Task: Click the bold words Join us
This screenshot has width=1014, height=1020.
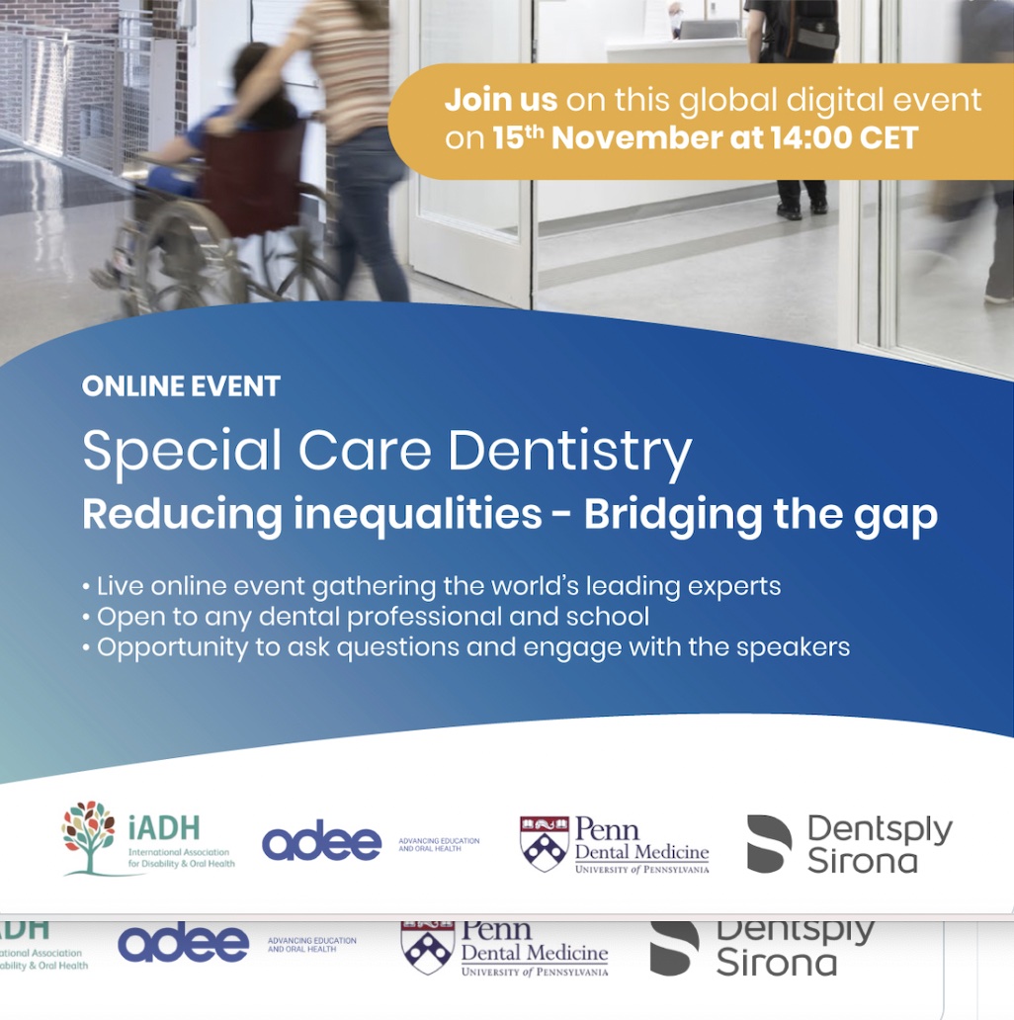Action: click(501, 100)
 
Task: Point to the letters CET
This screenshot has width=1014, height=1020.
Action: click(888, 138)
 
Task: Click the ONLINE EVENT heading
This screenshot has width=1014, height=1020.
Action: click(181, 386)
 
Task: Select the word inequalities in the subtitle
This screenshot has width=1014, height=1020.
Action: click(418, 515)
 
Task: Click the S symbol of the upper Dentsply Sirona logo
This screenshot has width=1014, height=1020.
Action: click(770, 844)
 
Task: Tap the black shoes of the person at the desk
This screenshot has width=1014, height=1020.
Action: click(802, 210)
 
